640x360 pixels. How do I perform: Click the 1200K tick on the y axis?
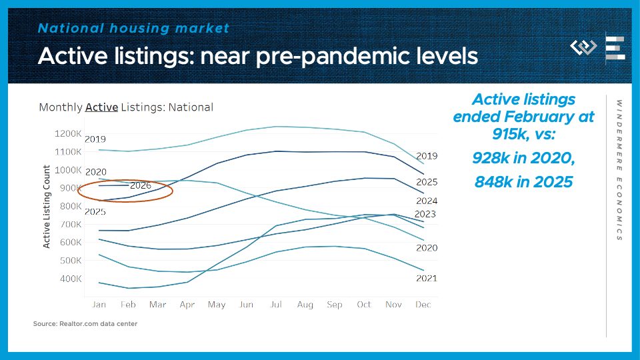68,133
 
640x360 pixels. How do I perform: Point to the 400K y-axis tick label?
70,278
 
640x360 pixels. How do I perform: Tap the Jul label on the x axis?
275,305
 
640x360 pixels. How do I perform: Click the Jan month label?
99,305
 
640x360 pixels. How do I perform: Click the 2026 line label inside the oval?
140,185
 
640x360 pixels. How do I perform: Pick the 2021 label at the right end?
426,278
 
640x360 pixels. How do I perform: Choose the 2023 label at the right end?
425,214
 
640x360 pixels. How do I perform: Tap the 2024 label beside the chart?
426,201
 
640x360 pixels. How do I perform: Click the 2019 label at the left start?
95,139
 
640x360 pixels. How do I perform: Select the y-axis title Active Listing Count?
47,207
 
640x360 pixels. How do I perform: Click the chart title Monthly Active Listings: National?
126,107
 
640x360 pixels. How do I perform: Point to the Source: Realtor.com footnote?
85,325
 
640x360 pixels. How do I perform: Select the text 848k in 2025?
523,181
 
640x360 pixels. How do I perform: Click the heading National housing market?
133,28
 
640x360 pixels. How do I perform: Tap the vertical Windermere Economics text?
619,170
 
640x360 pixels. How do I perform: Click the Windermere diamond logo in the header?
583,47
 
